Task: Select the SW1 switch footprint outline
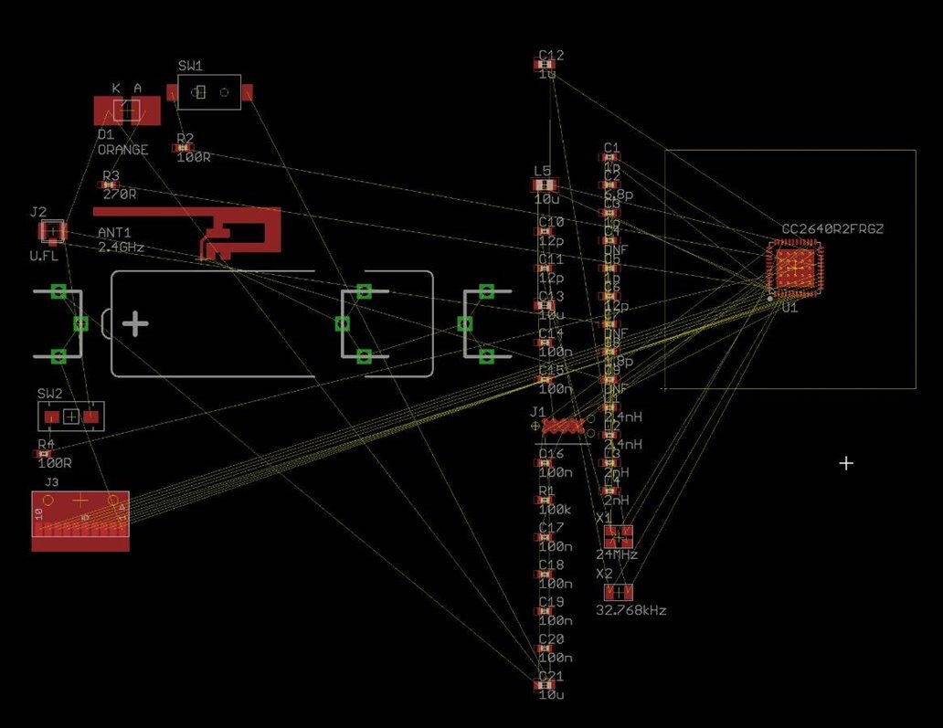(209, 92)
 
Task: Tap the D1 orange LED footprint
(126, 111)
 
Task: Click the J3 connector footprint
(80, 521)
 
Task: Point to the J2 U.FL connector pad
(53, 232)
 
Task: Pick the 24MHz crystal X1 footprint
(619, 536)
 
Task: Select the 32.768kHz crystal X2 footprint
(619, 591)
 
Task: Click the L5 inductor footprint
(542, 185)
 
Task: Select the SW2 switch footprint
(71, 417)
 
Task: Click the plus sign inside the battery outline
(135, 323)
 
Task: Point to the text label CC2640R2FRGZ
(832, 228)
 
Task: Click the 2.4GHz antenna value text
(121, 248)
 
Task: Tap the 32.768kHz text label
(631, 610)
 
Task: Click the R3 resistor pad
(109, 185)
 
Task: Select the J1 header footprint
(563, 426)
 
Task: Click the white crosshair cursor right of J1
(846, 464)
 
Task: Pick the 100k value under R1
(555, 510)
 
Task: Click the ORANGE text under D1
(122, 150)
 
